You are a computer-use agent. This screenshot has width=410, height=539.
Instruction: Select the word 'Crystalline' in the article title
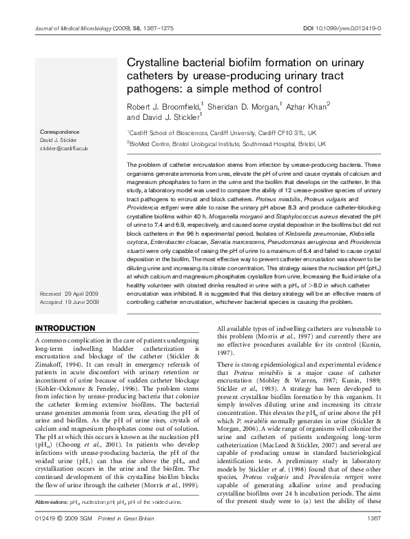tap(154, 62)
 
